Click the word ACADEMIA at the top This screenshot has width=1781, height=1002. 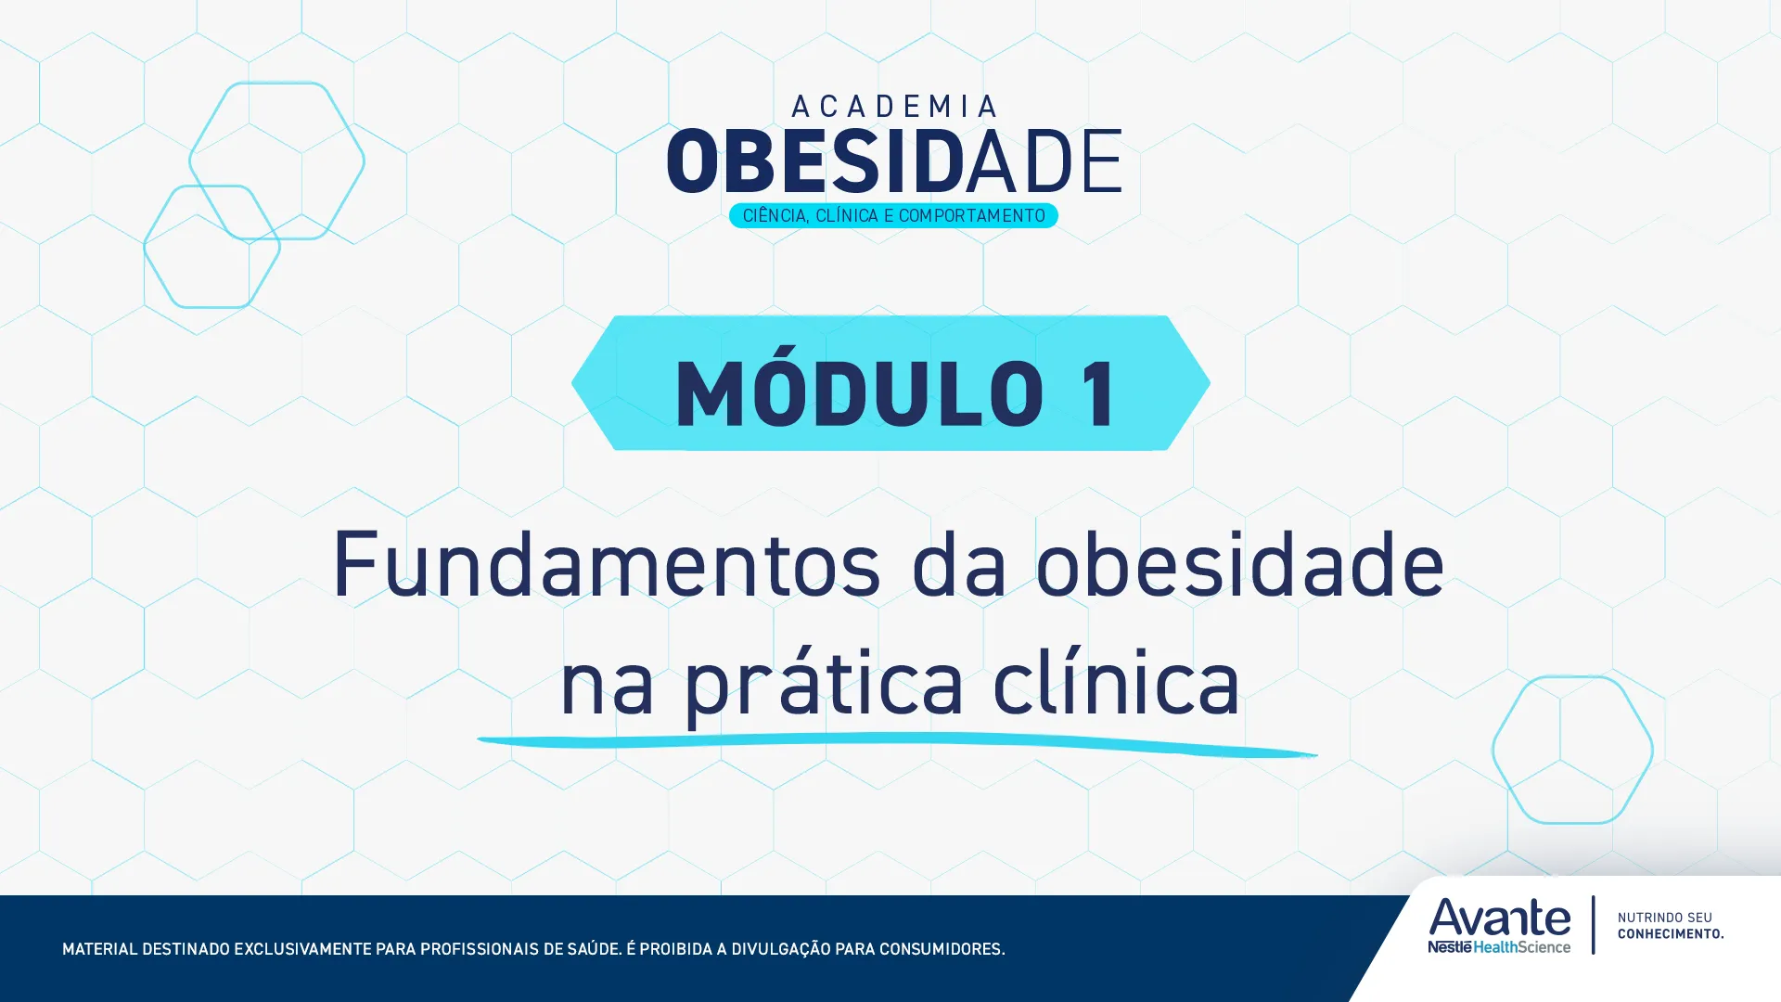tap(894, 107)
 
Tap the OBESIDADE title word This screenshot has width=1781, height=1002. tap(893, 162)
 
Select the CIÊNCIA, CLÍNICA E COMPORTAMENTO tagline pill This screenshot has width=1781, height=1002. tap(893, 215)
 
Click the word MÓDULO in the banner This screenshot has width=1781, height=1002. tap(859, 393)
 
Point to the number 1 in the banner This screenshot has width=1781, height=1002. tap(1099, 393)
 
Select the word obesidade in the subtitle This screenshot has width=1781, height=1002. tap(1239, 564)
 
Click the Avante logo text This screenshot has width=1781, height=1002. tap(1499, 918)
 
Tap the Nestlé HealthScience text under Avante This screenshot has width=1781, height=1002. tap(1499, 947)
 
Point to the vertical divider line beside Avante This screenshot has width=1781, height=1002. tap(1594, 924)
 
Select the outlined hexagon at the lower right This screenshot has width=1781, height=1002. tap(1572, 750)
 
